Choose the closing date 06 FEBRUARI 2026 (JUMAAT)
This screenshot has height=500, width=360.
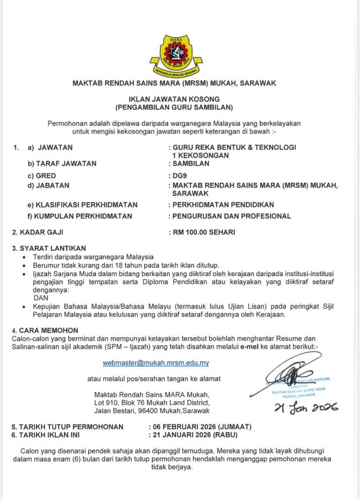201,426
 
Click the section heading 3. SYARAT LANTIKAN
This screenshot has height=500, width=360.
49,248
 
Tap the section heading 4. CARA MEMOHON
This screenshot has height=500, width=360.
45,330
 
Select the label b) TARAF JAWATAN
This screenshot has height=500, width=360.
62,164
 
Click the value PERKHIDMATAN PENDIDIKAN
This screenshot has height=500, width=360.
224,204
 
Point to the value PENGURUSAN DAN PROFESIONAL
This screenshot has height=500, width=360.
232,216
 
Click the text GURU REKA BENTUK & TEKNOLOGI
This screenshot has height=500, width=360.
234,147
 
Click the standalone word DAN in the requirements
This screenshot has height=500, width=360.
42,298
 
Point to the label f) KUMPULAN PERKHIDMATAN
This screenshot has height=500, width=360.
80,216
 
